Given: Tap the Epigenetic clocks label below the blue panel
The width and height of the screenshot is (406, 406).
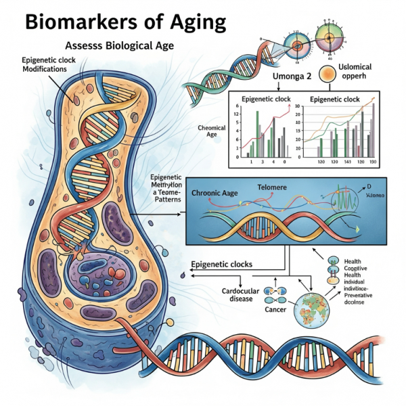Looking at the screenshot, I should pos(223,264).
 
